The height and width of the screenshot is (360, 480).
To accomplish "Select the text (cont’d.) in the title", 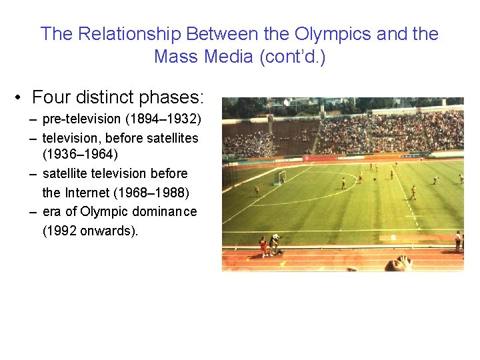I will coord(294,57).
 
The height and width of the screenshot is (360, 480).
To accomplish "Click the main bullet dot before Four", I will coord(21,98).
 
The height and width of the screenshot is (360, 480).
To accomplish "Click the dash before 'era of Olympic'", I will coord(33,212).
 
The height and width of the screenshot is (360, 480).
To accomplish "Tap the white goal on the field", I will coord(281,177).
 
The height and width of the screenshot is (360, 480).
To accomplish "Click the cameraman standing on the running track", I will coord(274,243).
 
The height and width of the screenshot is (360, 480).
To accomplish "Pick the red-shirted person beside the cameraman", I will coord(263,245).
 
